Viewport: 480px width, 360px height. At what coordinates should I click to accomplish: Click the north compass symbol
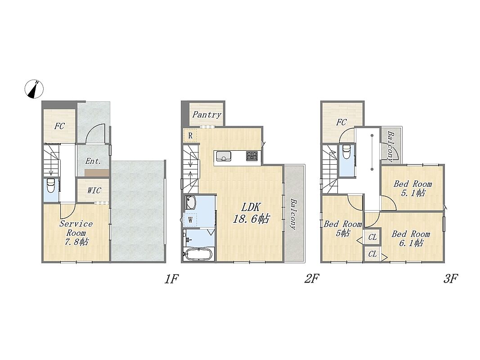[34, 89]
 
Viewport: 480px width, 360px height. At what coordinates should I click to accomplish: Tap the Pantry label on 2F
[206, 115]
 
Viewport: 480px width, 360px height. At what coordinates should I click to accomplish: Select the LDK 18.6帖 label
[251, 213]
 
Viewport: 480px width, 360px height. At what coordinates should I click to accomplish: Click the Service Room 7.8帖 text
[76, 233]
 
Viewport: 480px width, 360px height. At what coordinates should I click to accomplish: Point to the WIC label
[94, 190]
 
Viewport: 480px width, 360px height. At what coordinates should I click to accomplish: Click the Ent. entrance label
[93, 161]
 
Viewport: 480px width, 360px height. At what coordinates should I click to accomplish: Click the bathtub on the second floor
[199, 254]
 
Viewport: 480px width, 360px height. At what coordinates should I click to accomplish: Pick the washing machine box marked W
[190, 220]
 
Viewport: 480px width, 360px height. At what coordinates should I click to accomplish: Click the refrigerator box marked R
[190, 135]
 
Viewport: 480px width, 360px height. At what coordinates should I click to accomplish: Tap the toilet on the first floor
[50, 186]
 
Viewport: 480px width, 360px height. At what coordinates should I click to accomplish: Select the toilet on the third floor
[346, 152]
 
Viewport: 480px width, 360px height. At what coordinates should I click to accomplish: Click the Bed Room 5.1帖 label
[413, 188]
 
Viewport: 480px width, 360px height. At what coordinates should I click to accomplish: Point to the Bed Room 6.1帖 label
[411, 238]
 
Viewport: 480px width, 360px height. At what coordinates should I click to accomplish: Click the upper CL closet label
[372, 237]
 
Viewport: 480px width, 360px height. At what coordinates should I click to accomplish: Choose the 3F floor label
[450, 279]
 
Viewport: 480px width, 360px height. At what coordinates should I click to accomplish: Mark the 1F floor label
[171, 279]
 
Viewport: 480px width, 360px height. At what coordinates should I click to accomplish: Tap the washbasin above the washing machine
[190, 202]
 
